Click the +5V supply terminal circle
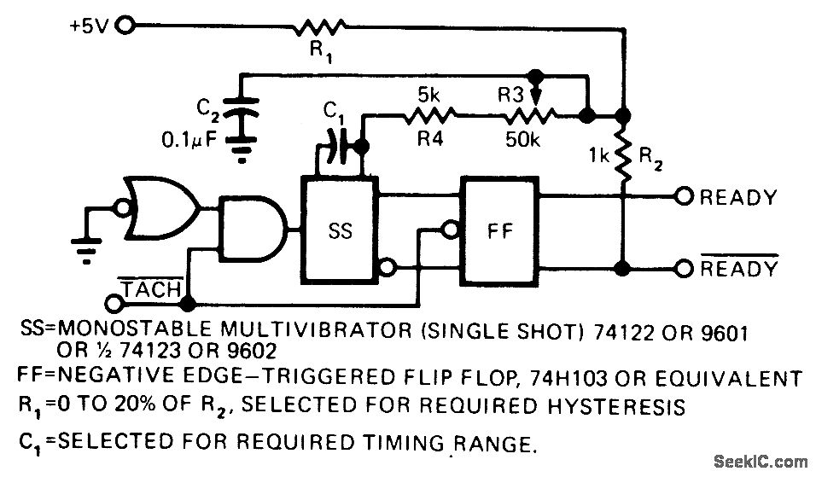126,26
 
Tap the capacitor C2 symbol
242,115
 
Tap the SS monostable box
339,231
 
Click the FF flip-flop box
498,231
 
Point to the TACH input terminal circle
113,302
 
